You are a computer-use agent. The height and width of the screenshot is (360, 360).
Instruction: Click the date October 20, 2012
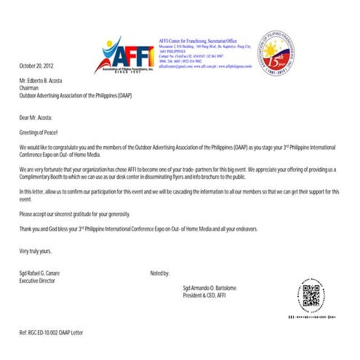pyautogui.click(x=36, y=66)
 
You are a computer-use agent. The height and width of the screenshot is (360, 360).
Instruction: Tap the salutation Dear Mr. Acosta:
pyautogui.click(x=36, y=116)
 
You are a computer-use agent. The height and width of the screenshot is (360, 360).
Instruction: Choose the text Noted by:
pyautogui.click(x=159, y=273)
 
